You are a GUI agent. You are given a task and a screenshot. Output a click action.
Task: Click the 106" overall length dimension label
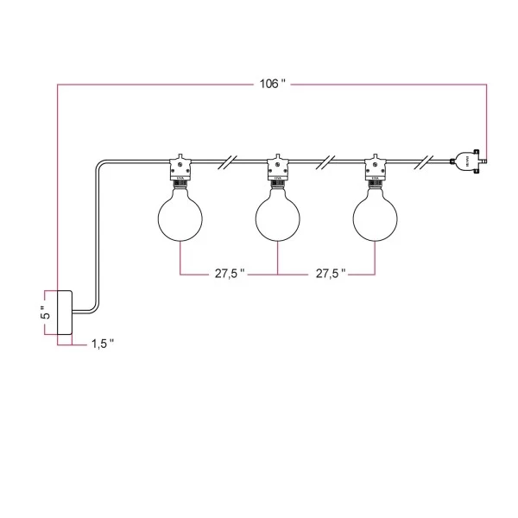coord(272,84)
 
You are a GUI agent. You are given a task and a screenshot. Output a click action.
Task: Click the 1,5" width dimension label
coord(102,344)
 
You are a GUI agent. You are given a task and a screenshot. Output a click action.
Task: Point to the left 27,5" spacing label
coord(230,274)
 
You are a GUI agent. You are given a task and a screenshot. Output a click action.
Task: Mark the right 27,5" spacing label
coord(330,274)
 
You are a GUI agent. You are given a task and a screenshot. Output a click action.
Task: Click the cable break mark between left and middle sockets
coord(229,161)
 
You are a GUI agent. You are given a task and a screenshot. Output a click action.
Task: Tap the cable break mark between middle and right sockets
coord(326,161)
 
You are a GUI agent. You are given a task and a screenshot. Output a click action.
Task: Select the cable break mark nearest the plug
coord(425,161)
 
